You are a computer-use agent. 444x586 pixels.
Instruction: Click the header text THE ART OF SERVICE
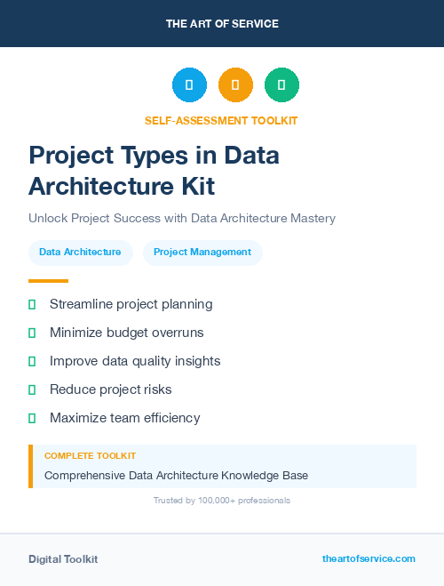[222, 24]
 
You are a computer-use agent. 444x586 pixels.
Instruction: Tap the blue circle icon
[189, 85]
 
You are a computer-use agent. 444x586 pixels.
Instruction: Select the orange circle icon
[235, 85]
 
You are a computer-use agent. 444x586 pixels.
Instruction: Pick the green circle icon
[281, 85]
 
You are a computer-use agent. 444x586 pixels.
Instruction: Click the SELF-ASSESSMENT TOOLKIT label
[221, 120]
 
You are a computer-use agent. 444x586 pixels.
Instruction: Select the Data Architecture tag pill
[80, 253]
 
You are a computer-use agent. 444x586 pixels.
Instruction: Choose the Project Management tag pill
[202, 253]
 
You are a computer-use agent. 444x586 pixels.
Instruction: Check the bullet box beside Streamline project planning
[32, 305]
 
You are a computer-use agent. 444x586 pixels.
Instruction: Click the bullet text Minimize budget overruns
[126, 333]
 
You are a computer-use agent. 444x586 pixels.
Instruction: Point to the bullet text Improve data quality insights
[135, 361]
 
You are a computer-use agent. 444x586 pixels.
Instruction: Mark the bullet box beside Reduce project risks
[32, 389]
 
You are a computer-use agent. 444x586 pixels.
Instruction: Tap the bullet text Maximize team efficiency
[124, 418]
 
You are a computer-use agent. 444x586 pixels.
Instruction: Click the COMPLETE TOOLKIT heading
[90, 456]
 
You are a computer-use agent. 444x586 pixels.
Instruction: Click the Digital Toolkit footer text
[63, 559]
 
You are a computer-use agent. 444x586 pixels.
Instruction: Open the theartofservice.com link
[369, 558]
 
